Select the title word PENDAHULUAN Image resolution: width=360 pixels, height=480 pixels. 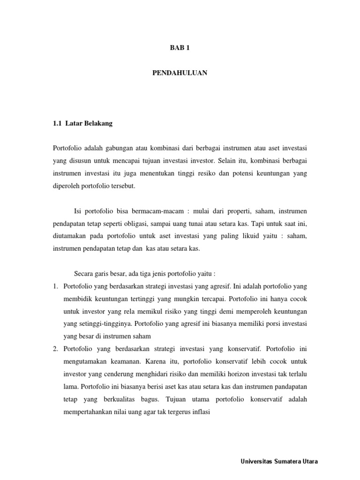coord(180,73)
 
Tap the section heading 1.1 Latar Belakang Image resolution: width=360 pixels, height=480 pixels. coord(82,124)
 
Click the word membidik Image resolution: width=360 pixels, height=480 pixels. coord(77,299)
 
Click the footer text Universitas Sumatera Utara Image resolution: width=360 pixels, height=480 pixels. coord(279,461)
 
